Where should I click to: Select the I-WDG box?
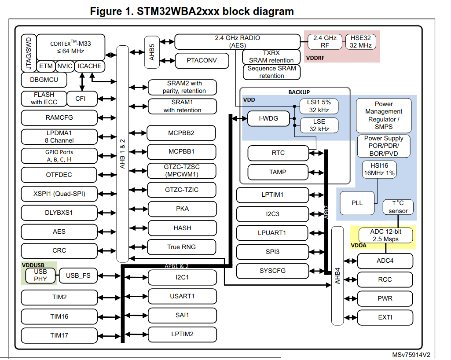click(x=268, y=118)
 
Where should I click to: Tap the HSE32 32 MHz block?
click(x=361, y=42)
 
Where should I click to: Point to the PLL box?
click(x=357, y=203)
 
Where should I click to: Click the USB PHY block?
click(x=40, y=276)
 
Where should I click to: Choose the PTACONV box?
click(x=202, y=61)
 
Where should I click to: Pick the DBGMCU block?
click(x=43, y=80)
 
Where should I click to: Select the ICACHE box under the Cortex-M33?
click(x=90, y=66)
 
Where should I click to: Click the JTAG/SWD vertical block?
click(x=28, y=53)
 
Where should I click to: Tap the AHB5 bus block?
click(x=152, y=52)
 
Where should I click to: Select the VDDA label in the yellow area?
click(x=359, y=246)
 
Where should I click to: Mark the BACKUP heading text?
click(x=299, y=92)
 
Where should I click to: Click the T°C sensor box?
click(x=398, y=207)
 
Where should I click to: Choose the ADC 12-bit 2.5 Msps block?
click(x=385, y=235)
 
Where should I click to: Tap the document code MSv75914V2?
click(x=411, y=354)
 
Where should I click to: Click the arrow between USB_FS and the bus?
click(x=108, y=276)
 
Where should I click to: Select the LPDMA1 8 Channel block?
click(x=59, y=136)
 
